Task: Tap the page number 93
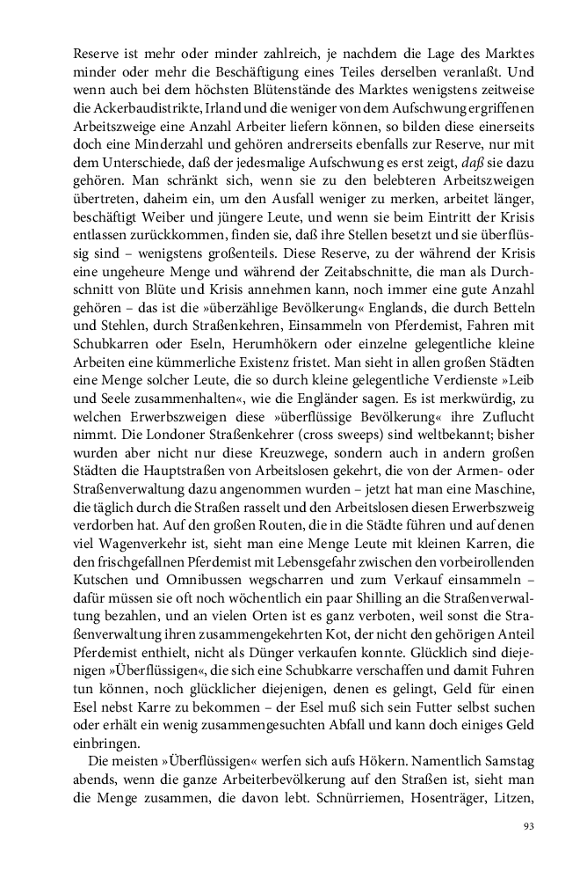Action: coord(528,825)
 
